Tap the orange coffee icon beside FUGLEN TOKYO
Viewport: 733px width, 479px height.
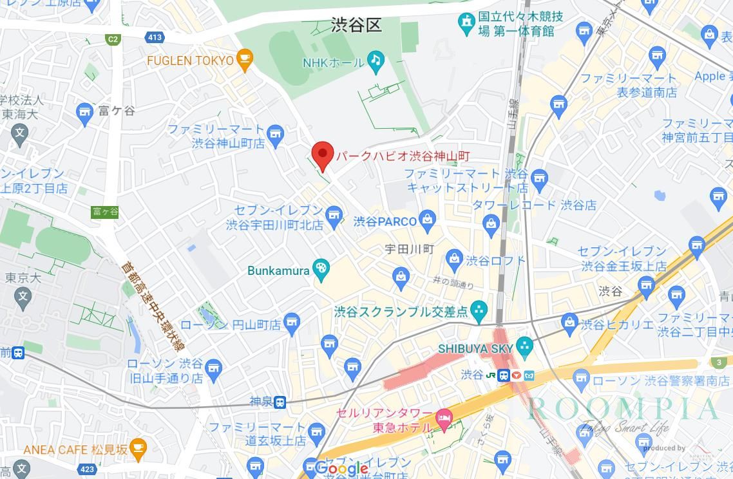pos(244,59)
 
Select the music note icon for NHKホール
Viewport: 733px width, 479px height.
pos(376,61)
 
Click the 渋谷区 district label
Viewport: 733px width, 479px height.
pos(356,25)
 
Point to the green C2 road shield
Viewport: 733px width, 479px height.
pos(113,39)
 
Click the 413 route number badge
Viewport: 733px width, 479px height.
pos(155,37)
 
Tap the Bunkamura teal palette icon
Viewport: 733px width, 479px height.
pos(321,269)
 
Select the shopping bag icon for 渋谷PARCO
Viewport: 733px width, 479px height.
pos(427,220)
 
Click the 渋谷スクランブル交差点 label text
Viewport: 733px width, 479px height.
pos(401,312)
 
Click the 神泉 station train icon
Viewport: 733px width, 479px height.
pos(280,402)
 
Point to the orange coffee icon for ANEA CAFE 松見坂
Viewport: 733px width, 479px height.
pos(137,447)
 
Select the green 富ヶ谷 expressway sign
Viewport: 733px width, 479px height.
pos(105,211)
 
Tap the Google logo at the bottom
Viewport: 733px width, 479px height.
pos(341,469)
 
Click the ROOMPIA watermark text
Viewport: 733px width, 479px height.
pos(623,409)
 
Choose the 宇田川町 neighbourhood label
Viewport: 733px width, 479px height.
pos(409,249)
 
